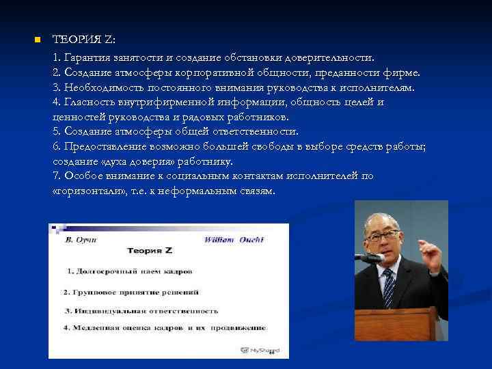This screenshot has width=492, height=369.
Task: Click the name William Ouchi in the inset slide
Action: pos(234,239)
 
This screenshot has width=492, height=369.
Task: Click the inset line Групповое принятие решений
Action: pos(131,292)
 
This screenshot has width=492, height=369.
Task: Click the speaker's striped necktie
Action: pos(389,286)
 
